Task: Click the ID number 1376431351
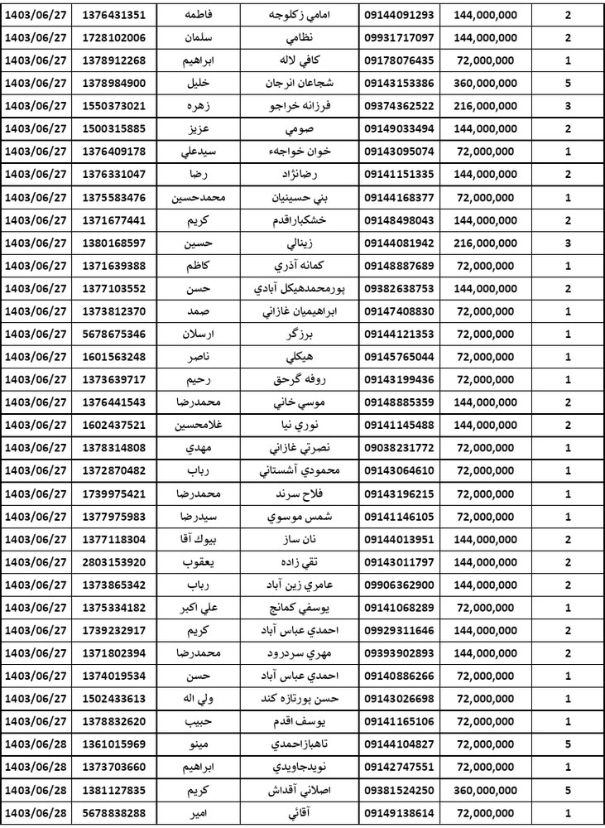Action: [x=116, y=16]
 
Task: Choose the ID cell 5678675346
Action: [x=116, y=334]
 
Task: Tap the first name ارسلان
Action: [x=203, y=334]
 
